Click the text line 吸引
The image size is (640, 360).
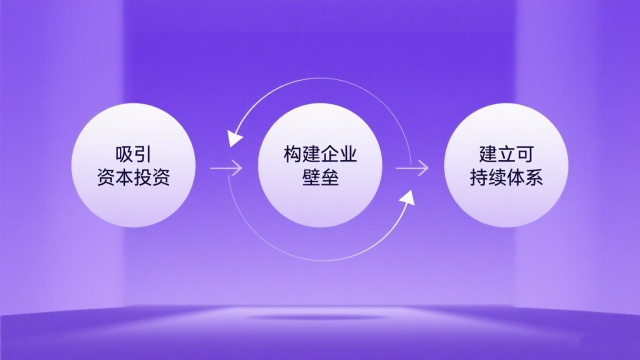pyautogui.click(x=134, y=155)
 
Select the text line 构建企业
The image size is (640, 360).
pyautogui.click(x=320, y=155)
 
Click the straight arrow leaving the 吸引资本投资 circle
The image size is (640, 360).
pyautogui.click(x=227, y=168)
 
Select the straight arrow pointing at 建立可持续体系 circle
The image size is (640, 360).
pyautogui.click(x=412, y=168)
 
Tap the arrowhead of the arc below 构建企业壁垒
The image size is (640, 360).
pyautogui.click(x=405, y=201)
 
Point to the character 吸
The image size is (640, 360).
pyautogui.click(x=123, y=155)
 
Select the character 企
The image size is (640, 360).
pyautogui.click(x=331, y=155)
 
